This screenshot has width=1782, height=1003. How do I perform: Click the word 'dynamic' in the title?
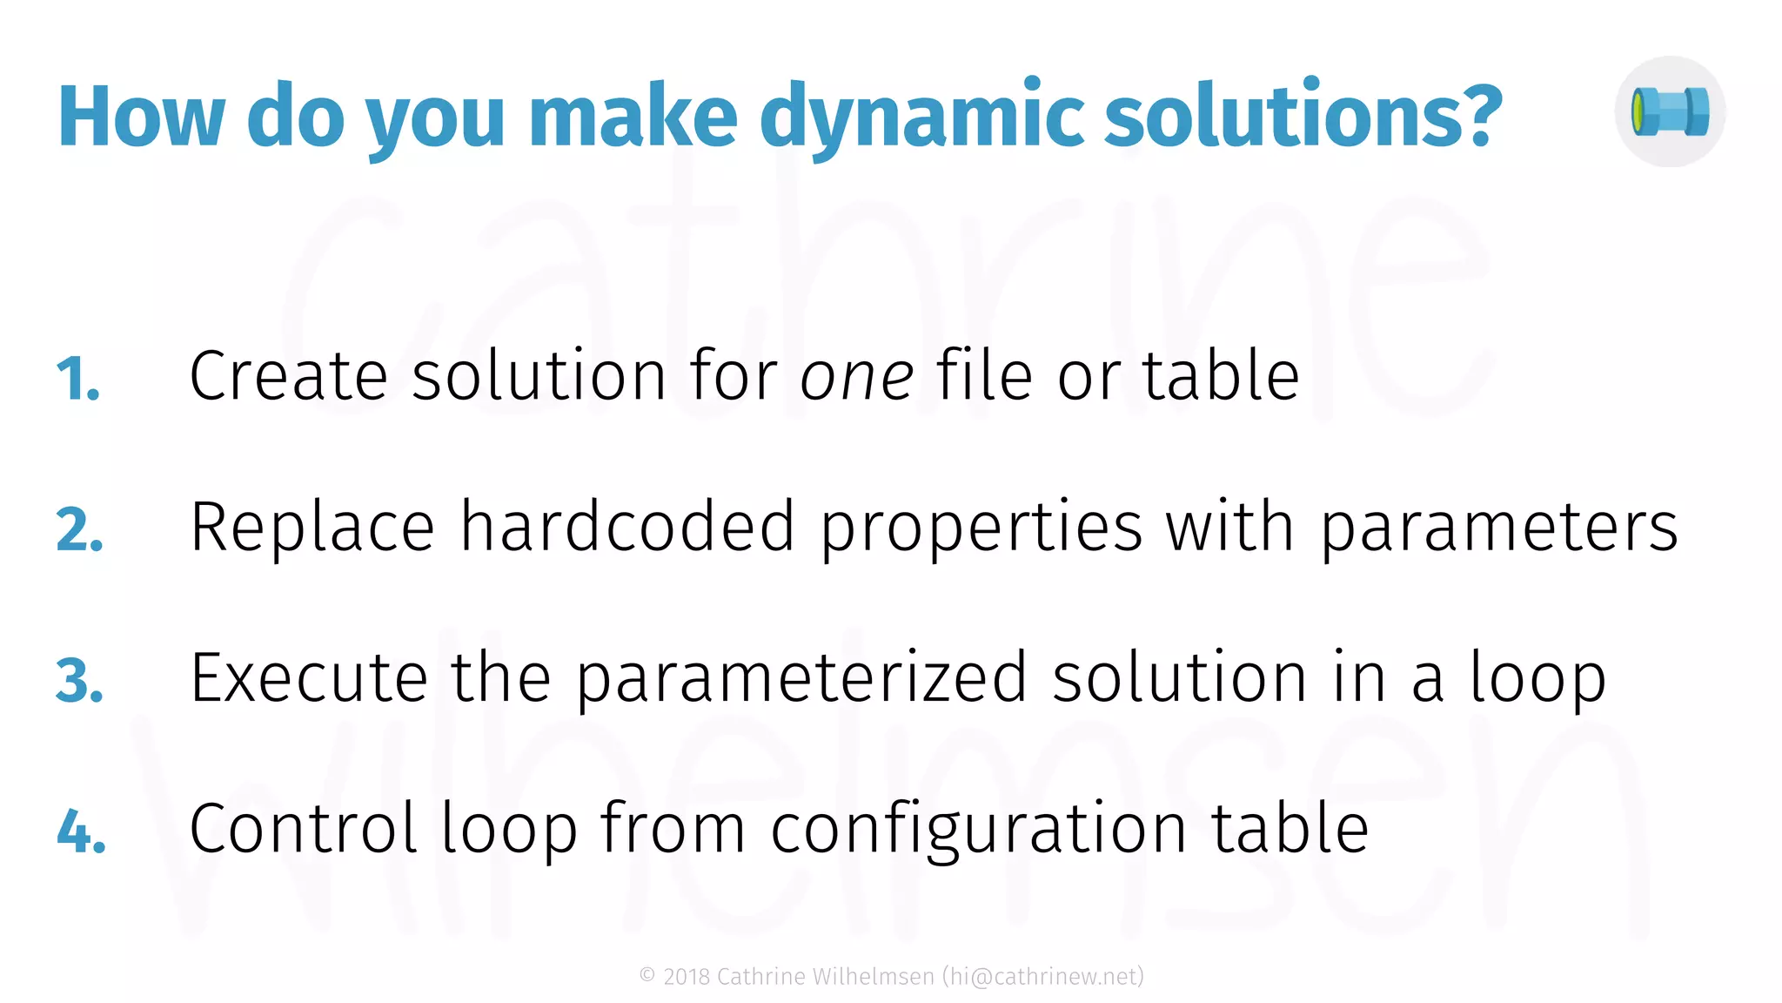(x=921, y=118)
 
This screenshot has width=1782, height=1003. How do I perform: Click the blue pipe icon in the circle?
(x=1670, y=112)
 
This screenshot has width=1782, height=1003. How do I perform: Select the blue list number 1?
(x=78, y=380)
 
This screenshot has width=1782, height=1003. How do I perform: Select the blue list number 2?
(x=79, y=530)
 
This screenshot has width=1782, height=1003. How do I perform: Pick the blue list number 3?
(x=79, y=681)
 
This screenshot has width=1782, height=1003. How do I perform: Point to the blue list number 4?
(x=81, y=831)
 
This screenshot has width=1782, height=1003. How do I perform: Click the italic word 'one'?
(x=856, y=377)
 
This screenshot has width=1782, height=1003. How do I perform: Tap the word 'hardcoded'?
(x=626, y=527)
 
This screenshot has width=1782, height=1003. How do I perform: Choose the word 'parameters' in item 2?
(x=1499, y=528)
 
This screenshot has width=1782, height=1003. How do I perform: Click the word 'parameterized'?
(x=801, y=679)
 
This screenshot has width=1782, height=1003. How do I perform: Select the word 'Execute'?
(x=309, y=678)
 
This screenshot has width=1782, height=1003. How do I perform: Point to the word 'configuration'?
(x=978, y=830)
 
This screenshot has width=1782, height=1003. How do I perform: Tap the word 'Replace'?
(x=312, y=528)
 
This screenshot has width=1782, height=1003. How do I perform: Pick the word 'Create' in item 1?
(x=288, y=376)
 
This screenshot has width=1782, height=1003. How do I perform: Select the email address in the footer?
(x=1042, y=977)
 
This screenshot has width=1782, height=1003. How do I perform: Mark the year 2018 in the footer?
(x=687, y=977)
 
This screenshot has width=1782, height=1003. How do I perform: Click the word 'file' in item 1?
(x=984, y=376)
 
